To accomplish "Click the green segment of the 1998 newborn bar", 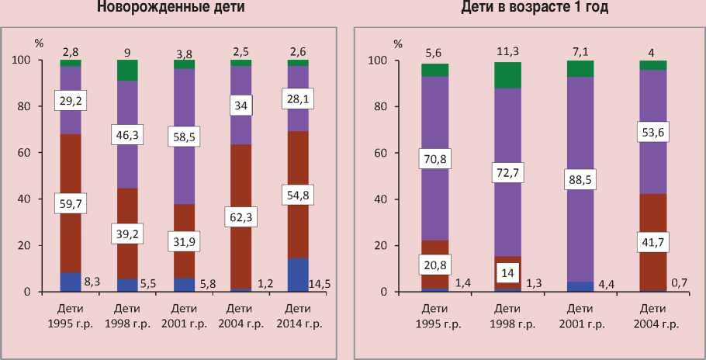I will [127, 70].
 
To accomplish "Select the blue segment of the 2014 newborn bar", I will [298, 275].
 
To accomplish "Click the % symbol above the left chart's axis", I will [39, 44].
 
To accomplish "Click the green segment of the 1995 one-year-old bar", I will [434, 70].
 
